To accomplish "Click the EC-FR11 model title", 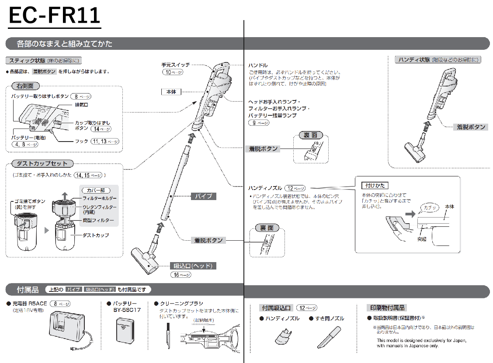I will (x=54, y=16).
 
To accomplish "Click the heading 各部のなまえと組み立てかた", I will (x=64, y=44).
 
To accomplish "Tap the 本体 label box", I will (x=171, y=92).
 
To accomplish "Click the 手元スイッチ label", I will (x=176, y=65).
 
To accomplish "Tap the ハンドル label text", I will (x=258, y=65).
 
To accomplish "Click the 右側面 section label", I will (x=25, y=86).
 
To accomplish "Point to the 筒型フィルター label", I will (x=98, y=221).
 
